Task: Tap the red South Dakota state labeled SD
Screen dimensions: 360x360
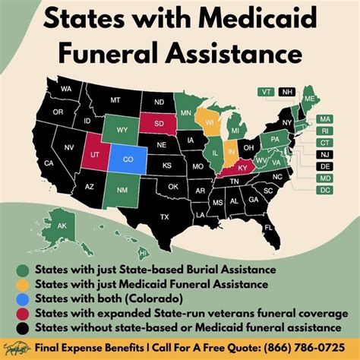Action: pos(159,122)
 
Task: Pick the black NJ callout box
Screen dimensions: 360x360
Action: pos(324,153)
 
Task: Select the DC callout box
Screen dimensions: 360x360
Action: pos(324,190)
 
